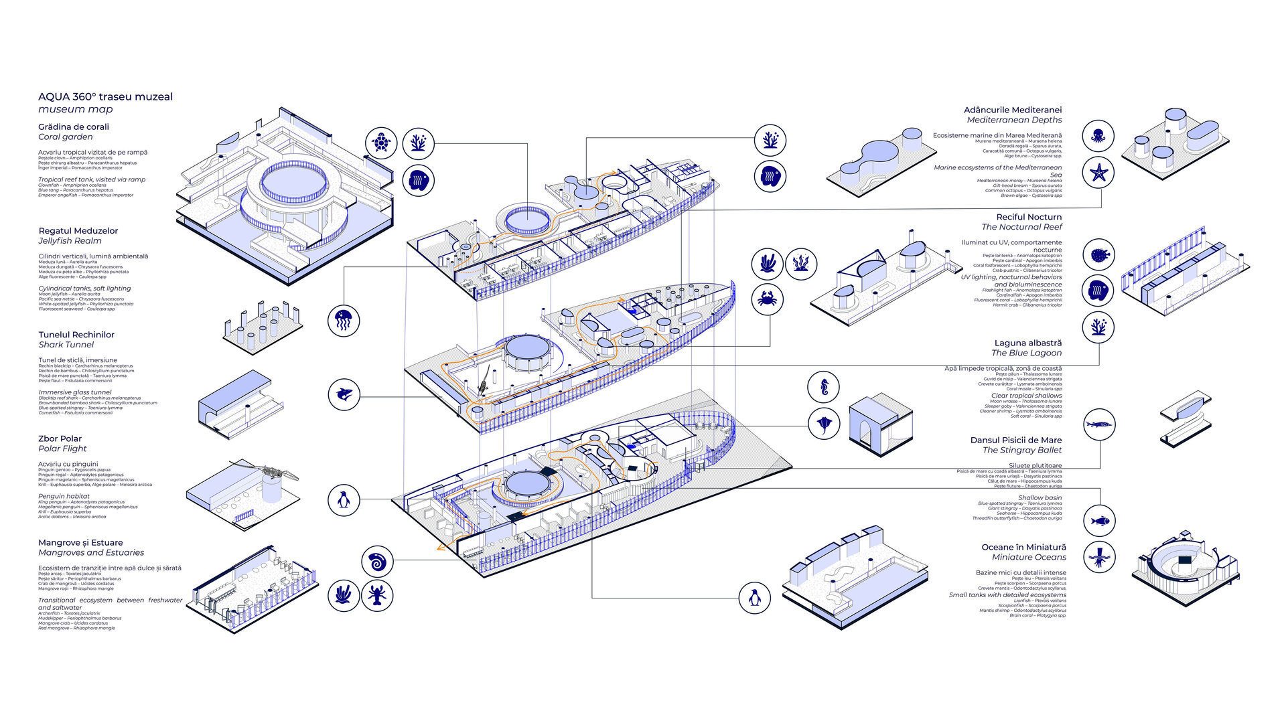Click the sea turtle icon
click(x=381, y=143)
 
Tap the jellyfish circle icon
click(x=344, y=320)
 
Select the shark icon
click(x=344, y=394)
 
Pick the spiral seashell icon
click(x=377, y=562)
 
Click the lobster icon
click(x=377, y=594)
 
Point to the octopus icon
click(x=1098, y=137)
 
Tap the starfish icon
click(x=1098, y=173)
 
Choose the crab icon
click(x=768, y=299)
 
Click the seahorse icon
click(x=824, y=388)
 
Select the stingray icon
click(x=824, y=424)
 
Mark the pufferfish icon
click(x=1098, y=255)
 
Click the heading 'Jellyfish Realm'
click(x=70, y=241)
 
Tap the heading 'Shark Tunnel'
click(x=66, y=345)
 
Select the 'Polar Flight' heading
click(x=62, y=449)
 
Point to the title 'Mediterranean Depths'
click(x=1014, y=120)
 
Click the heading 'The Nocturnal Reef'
click(x=1021, y=227)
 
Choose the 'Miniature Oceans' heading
click(x=1029, y=557)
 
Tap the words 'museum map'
click(x=75, y=109)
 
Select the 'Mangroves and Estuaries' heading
click(x=91, y=552)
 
